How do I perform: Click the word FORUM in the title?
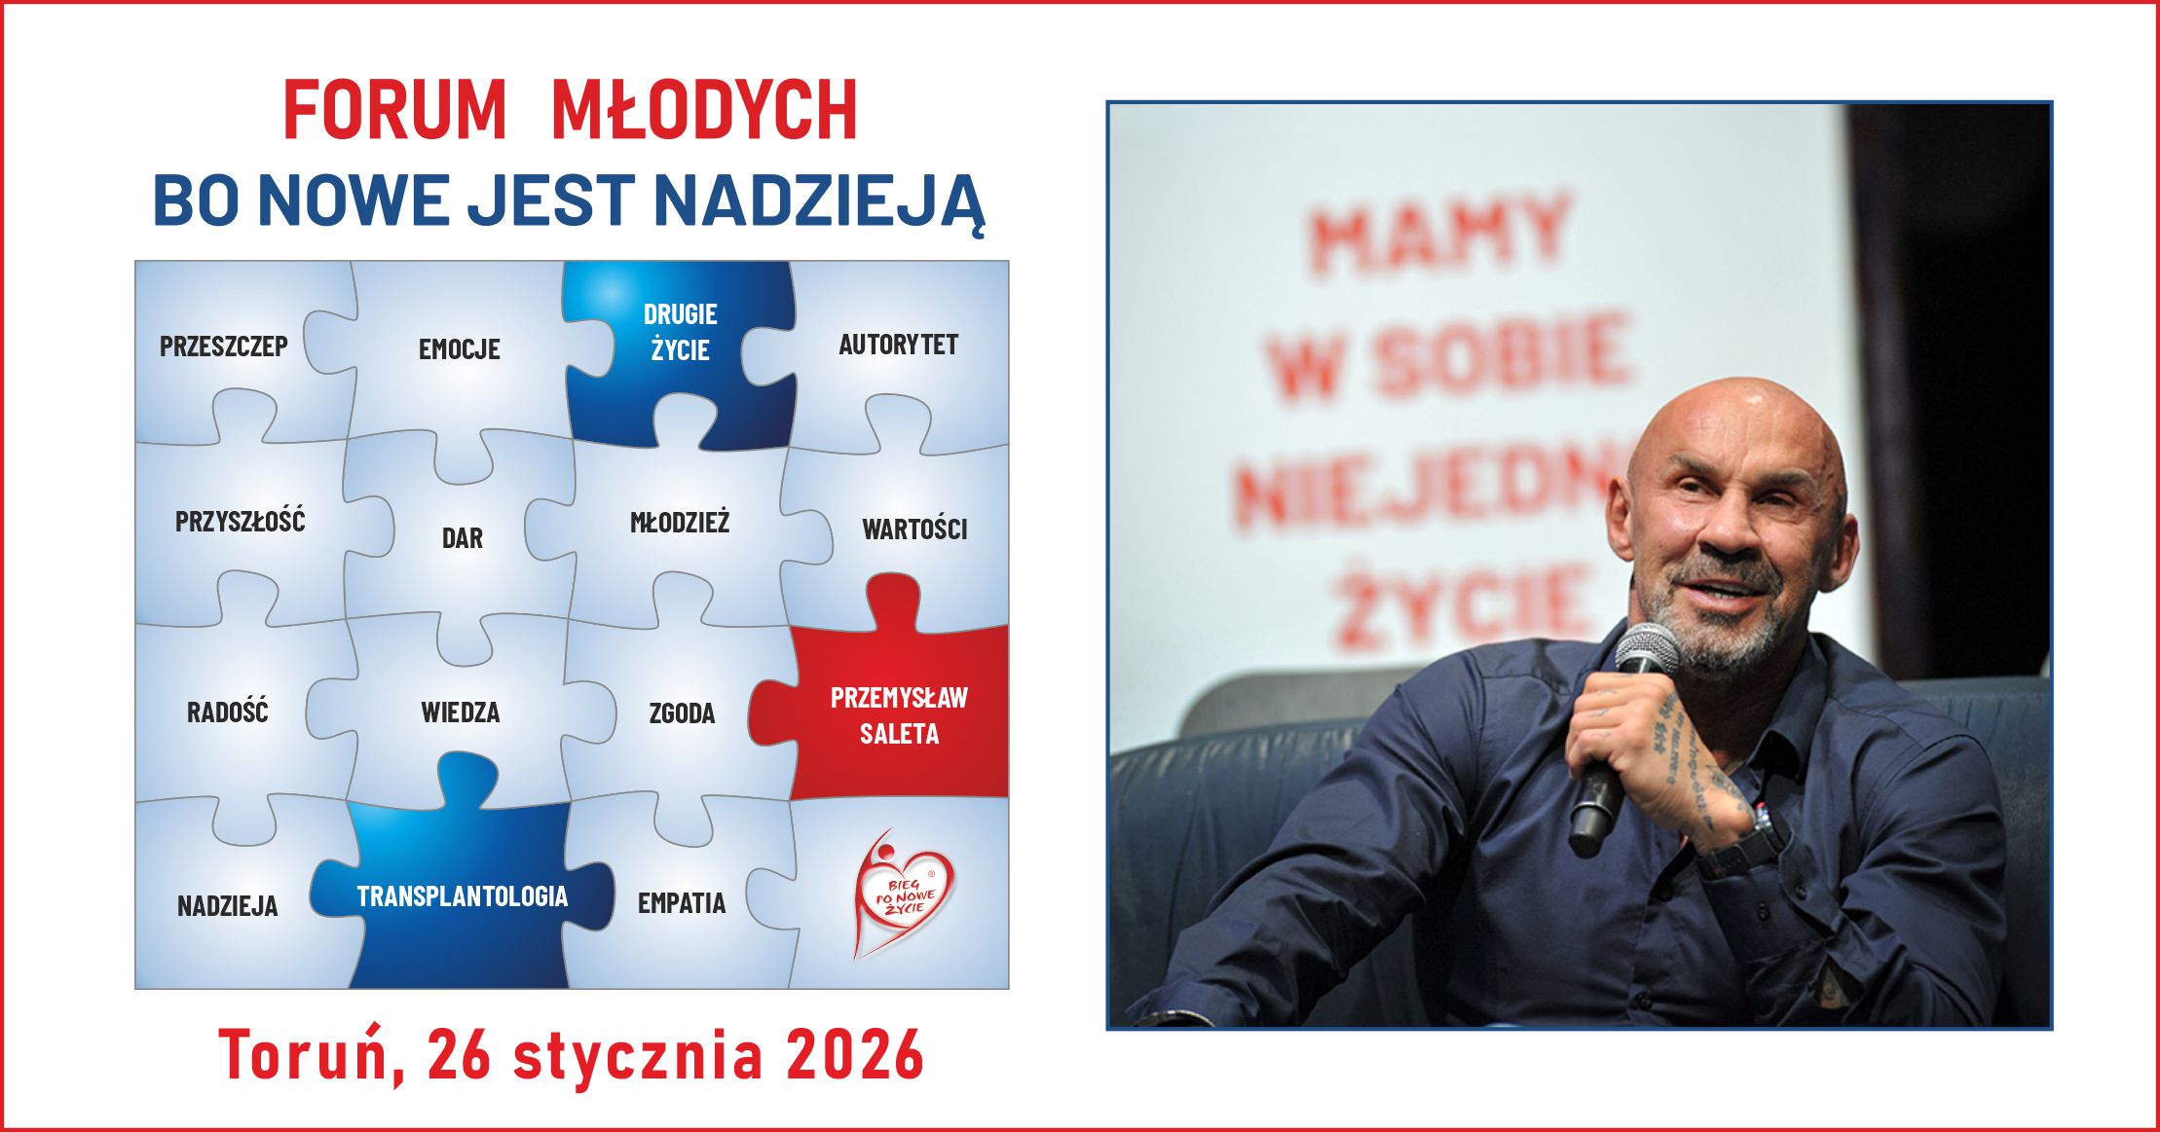pos(394,110)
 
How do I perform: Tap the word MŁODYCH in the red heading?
pos(704,110)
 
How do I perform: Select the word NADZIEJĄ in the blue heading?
pos(819,201)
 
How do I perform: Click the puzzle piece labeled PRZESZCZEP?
pos(224,347)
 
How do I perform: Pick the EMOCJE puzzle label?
pos(459,349)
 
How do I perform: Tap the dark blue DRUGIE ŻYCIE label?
pos(680,332)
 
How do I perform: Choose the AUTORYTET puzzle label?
pos(898,345)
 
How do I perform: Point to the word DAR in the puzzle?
pos(462,538)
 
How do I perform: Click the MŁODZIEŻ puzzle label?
pos(680,523)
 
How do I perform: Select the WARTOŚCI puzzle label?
pos(914,529)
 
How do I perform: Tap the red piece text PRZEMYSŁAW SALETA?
pos(898,715)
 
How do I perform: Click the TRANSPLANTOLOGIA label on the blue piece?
pos(462,896)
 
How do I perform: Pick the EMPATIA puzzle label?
pos(682,903)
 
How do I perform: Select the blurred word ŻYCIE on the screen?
pos(1461,603)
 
